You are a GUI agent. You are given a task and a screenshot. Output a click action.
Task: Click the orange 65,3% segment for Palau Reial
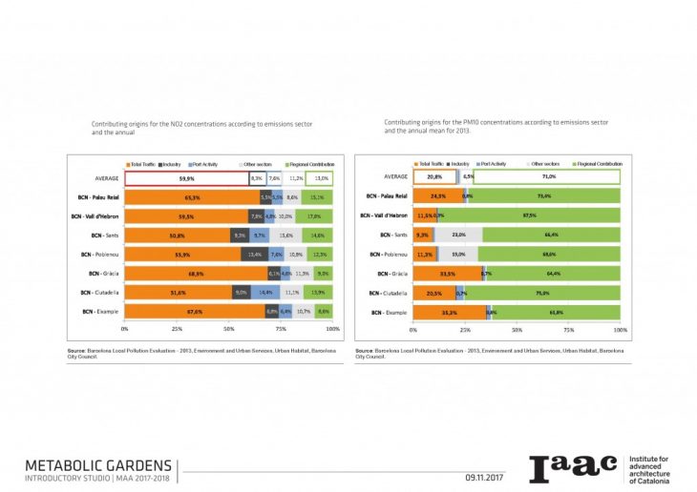(191, 197)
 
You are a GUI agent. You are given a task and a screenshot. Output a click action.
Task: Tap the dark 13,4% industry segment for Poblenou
(255, 255)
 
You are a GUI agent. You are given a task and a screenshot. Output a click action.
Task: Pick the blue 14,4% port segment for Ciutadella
(265, 293)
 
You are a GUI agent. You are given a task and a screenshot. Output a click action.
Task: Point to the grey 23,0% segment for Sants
(458, 235)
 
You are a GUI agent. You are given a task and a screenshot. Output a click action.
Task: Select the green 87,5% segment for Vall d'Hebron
(529, 215)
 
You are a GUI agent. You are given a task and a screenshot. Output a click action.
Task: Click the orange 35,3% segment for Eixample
(449, 312)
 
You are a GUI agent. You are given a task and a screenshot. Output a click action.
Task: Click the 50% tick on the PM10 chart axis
(517, 329)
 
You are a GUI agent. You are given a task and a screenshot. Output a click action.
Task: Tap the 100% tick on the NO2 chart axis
(332, 329)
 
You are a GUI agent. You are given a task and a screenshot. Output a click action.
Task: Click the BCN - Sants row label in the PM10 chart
(392, 235)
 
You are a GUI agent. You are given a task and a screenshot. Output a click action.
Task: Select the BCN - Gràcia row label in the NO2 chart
(99, 274)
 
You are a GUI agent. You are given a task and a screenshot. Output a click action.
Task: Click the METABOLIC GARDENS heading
(98, 463)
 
